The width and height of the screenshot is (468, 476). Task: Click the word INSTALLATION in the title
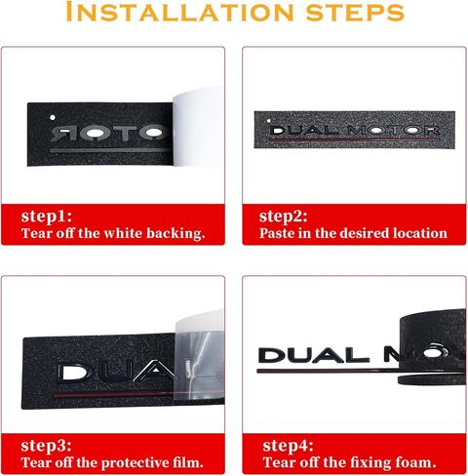click(179, 12)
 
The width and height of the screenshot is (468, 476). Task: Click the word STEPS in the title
click(355, 13)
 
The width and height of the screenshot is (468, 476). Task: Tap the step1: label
click(47, 217)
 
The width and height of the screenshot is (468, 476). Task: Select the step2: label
click(283, 217)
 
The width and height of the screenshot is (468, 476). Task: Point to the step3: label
click(46, 446)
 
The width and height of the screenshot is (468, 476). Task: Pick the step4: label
click(288, 446)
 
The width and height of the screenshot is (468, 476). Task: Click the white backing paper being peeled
click(198, 127)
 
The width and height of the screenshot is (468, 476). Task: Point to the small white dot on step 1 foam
click(53, 117)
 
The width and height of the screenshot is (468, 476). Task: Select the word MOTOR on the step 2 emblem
click(393, 131)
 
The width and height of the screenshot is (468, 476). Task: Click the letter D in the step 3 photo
click(71, 372)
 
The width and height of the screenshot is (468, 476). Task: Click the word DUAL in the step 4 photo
click(314, 355)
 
